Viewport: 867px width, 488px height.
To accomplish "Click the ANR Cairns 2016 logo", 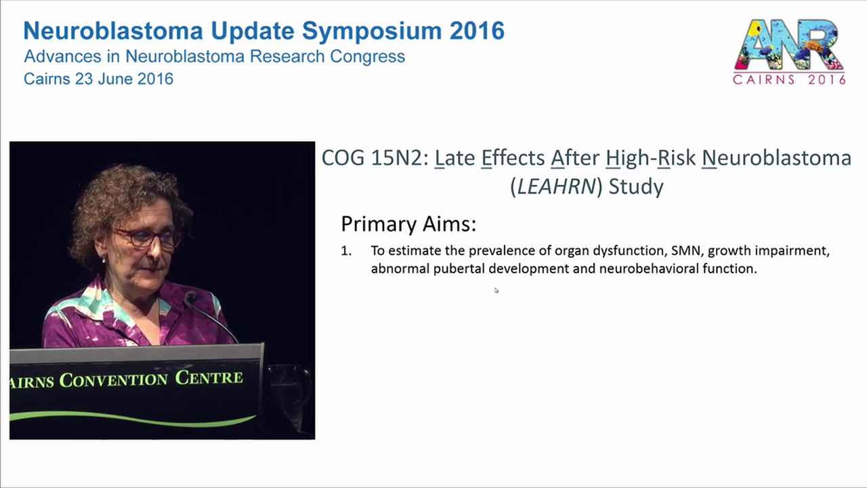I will pyautogui.click(x=789, y=52).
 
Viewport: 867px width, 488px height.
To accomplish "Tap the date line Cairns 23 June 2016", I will pyautogui.click(x=98, y=79).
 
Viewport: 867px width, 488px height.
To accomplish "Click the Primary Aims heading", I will pyautogui.click(x=408, y=224).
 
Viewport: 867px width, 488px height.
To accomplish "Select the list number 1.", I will pyautogui.click(x=345, y=251).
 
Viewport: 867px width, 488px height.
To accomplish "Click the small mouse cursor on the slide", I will pyautogui.click(x=496, y=291).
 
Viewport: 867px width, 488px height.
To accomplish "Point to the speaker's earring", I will pyautogui.click(x=104, y=259).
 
